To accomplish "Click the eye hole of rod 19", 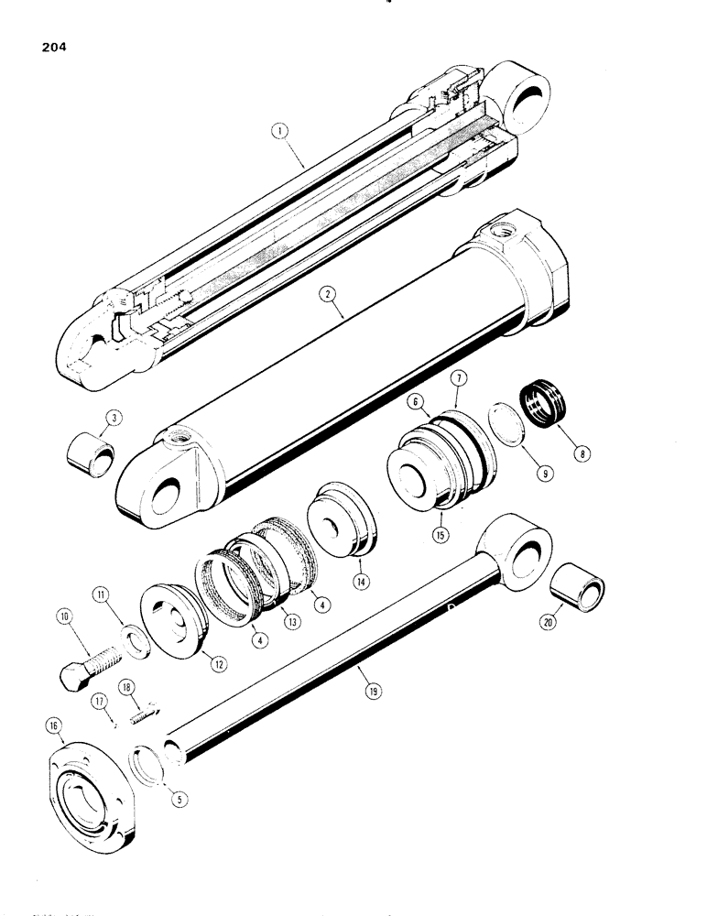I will click(525, 550).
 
